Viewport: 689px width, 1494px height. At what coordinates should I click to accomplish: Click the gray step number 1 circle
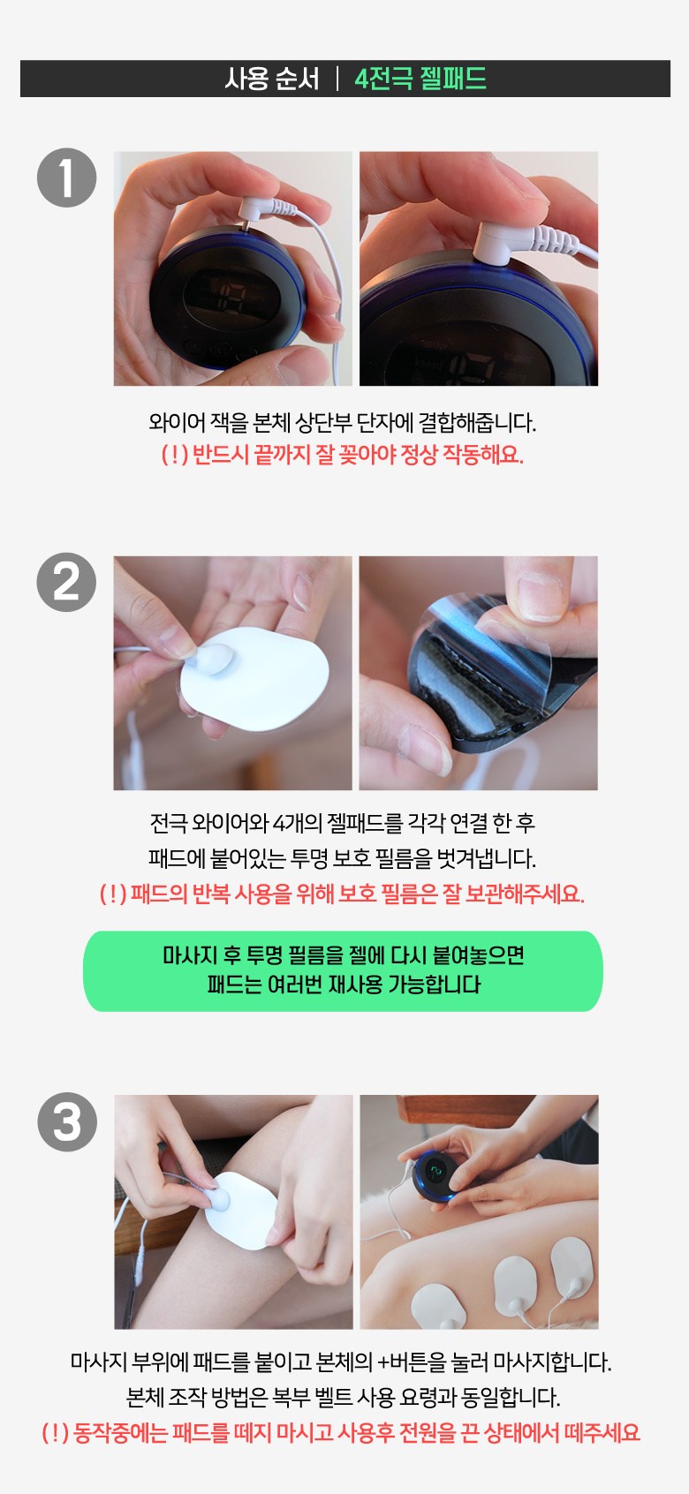(x=67, y=177)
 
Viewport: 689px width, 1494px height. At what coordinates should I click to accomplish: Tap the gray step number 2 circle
(x=67, y=582)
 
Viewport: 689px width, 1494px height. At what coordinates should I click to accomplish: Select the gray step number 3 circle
(x=67, y=1122)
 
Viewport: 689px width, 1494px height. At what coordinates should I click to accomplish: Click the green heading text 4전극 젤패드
(x=420, y=79)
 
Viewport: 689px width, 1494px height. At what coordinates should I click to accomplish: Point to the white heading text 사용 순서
(x=272, y=79)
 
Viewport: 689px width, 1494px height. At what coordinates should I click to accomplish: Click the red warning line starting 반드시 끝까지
(x=342, y=455)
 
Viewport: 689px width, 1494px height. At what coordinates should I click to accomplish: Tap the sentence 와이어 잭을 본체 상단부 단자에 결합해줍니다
(x=342, y=422)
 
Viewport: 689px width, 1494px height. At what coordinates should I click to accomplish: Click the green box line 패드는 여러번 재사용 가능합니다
(x=344, y=985)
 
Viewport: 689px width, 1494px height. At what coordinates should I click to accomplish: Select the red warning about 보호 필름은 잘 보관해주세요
(x=342, y=893)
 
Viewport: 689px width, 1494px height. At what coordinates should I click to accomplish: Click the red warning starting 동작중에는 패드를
(x=341, y=1433)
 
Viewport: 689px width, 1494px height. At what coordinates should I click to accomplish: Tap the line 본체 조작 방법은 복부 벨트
(x=343, y=1397)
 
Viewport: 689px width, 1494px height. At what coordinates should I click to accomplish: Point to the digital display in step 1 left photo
(x=231, y=295)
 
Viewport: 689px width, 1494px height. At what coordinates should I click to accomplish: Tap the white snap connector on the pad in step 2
(x=212, y=659)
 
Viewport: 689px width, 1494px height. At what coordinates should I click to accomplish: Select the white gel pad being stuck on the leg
(x=240, y=1211)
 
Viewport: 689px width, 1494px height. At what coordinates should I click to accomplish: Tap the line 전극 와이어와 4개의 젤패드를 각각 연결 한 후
(x=342, y=823)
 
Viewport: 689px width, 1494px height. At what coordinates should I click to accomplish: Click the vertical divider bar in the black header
(x=337, y=79)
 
